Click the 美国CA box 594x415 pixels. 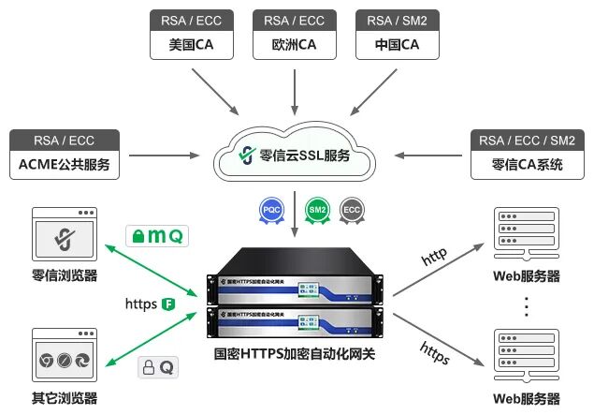click(x=192, y=44)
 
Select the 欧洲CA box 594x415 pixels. click(x=295, y=44)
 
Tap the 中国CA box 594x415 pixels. click(x=398, y=44)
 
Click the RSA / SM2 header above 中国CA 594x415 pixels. click(x=398, y=20)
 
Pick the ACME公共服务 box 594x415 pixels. click(x=65, y=166)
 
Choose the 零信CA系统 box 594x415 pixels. click(x=528, y=166)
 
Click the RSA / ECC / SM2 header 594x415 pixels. click(x=528, y=141)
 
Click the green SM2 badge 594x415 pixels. click(x=316, y=210)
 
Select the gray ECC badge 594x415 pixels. click(x=352, y=210)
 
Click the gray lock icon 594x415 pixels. click(x=148, y=368)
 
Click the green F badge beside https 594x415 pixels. click(x=169, y=304)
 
